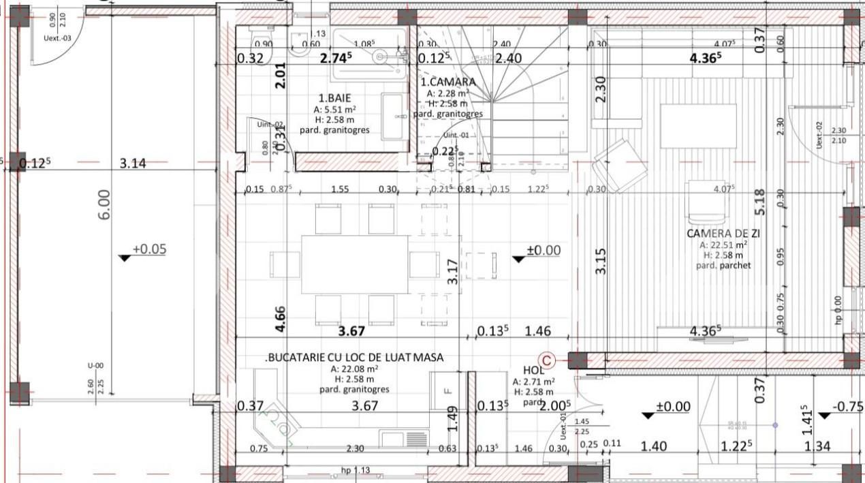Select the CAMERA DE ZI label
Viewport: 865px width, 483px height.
(x=723, y=234)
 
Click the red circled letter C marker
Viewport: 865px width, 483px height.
(x=546, y=359)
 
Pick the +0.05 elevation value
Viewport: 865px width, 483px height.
(x=148, y=249)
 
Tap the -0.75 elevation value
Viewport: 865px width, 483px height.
(x=849, y=407)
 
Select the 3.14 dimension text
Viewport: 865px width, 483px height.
(x=133, y=163)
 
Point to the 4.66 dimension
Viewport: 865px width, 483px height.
(x=280, y=319)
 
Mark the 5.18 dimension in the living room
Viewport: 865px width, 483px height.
(x=761, y=201)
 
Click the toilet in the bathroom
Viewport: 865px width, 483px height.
(x=259, y=37)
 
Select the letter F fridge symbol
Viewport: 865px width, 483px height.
(x=447, y=390)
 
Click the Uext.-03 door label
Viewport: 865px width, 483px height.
(x=57, y=38)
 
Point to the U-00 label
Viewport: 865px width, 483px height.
(x=96, y=366)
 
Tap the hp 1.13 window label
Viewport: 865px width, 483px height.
(x=355, y=470)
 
